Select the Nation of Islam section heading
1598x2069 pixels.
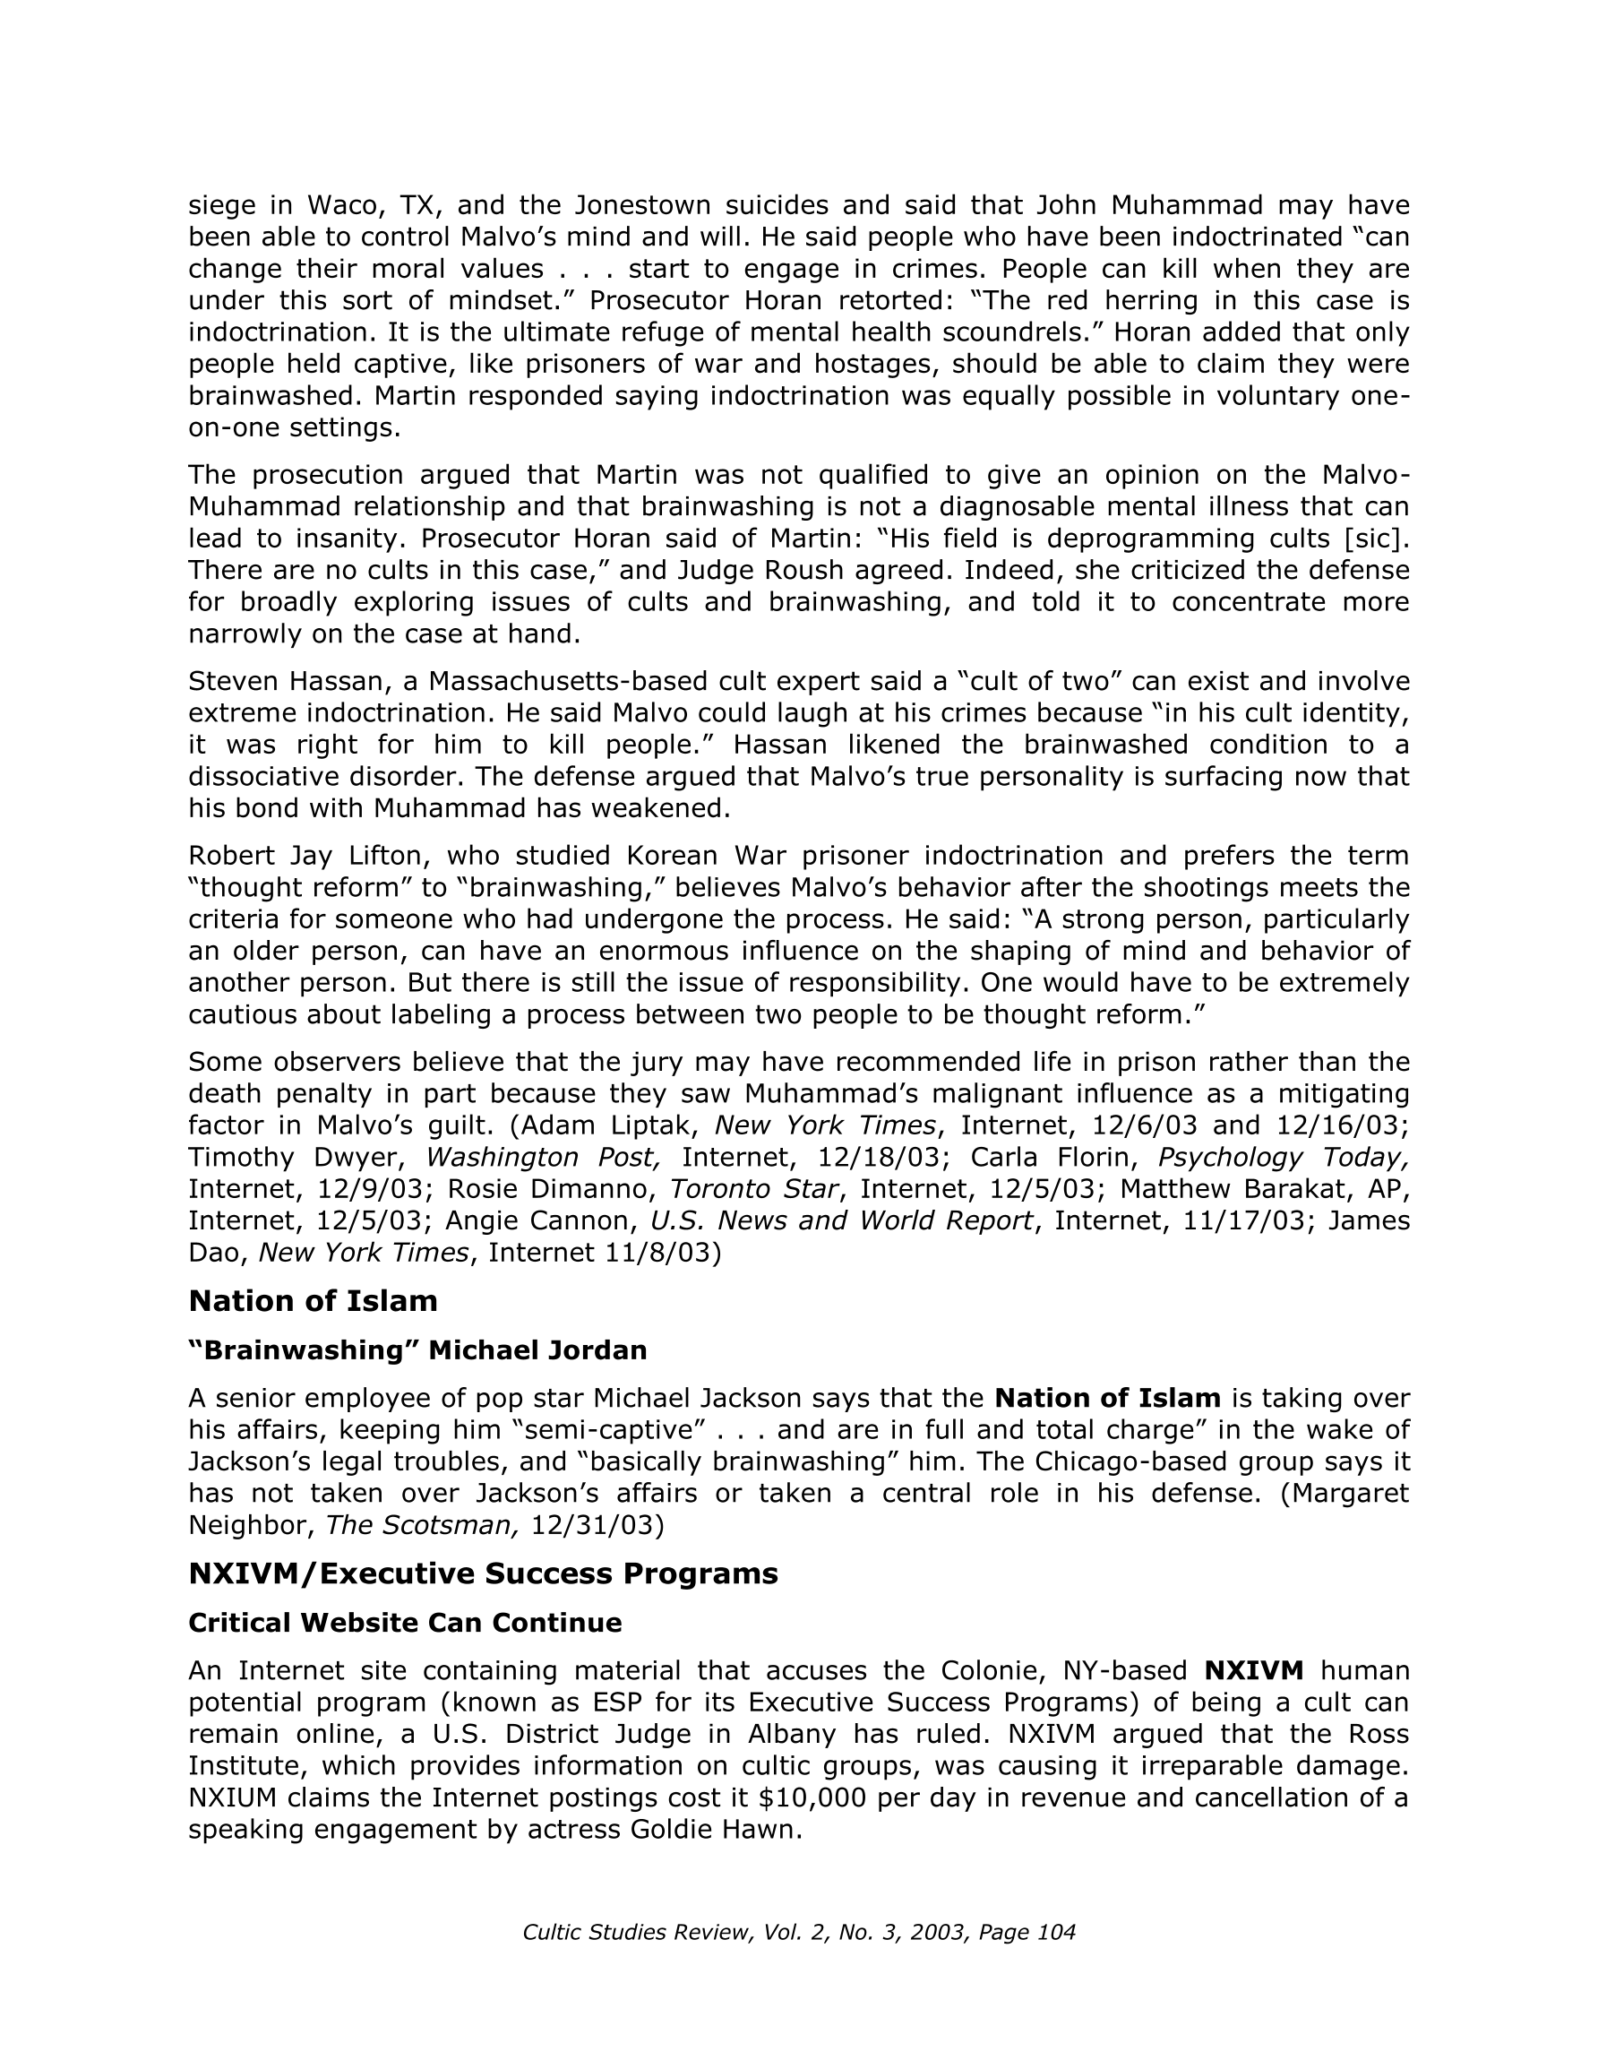coord(313,1301)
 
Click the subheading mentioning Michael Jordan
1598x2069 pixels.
coord(417,1350)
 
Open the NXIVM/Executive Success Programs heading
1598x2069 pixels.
coord(483,1573)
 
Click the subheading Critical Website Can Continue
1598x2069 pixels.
coord(405,1623)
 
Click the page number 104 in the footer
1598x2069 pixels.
coord(1056,1933)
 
